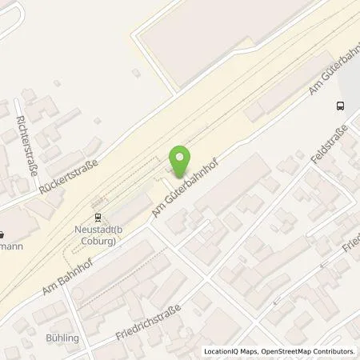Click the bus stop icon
pyautogui.click(x=341, y=105)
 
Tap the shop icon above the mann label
pyautogui.click(x=2, y=235)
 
